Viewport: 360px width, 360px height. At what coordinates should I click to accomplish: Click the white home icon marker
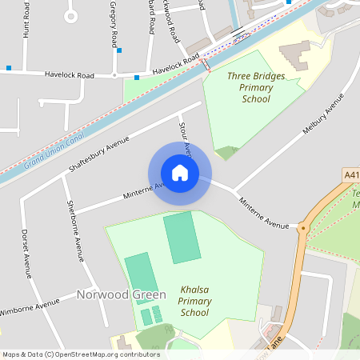(x=179, y=173)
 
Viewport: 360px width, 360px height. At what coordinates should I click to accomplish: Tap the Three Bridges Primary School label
(x=255, y=87)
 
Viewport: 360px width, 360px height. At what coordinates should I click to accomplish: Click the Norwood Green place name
(x=115, y=294)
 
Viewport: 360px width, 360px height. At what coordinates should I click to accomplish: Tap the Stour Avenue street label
(x=183, y=134)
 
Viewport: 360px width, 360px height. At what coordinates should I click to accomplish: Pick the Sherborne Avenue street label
(x=74, y=231)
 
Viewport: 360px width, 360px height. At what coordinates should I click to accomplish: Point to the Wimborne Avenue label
(x=30, y=307)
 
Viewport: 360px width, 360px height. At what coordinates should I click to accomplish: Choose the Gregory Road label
(x=114, y=24)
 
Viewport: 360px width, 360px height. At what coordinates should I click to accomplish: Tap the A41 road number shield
(x=352, y=174)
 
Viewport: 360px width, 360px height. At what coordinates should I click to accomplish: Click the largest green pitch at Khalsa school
(x=182, y=238)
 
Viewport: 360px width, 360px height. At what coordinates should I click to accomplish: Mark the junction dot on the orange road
(x=303, y=228)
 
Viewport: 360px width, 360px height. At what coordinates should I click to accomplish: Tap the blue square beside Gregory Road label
(x=119, y=50)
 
